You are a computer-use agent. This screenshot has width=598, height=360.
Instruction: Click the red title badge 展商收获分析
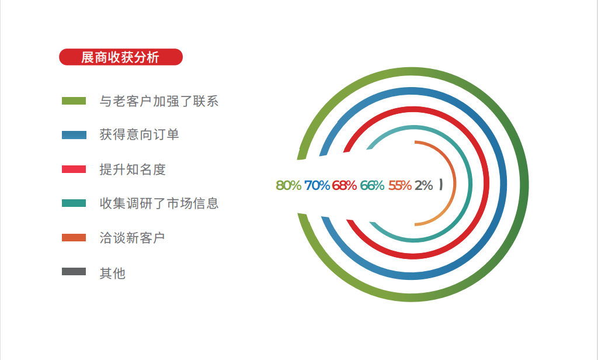[121, 57]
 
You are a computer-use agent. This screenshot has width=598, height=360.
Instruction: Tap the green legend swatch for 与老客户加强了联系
[74, 101]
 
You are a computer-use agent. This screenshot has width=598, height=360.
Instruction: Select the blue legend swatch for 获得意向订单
[74, 135]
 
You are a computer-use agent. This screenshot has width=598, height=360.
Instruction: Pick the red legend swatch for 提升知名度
[74, 169]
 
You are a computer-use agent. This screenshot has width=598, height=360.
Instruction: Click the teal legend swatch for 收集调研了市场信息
[74, 203]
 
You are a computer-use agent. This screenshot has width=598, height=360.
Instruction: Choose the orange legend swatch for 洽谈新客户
[74, 237]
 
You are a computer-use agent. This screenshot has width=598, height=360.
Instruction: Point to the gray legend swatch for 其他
[74, 271]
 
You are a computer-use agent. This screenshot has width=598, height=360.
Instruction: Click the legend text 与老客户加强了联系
[159, 101]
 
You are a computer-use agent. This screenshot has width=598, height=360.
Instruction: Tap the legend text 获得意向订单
[139, 135]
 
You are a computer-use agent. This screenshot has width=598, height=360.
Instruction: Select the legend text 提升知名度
[133, 169]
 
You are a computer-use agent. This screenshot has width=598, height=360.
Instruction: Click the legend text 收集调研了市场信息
[159, 203]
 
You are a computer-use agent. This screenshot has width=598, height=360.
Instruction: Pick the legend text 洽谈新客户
[133, 238]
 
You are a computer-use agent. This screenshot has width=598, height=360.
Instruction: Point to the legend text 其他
[113, 274]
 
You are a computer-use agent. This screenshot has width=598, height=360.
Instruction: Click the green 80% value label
[288, 185]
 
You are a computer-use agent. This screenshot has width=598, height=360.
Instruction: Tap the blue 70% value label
[317, 185]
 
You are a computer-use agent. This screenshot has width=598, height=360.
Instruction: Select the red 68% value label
[345, 185]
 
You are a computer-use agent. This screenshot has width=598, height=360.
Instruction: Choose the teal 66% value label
[372, 185]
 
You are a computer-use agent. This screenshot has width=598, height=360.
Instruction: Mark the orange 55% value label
[400, 185]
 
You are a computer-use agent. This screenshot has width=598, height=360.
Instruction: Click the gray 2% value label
[424, 185]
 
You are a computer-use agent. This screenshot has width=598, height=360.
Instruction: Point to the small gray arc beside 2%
[441, 185]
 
